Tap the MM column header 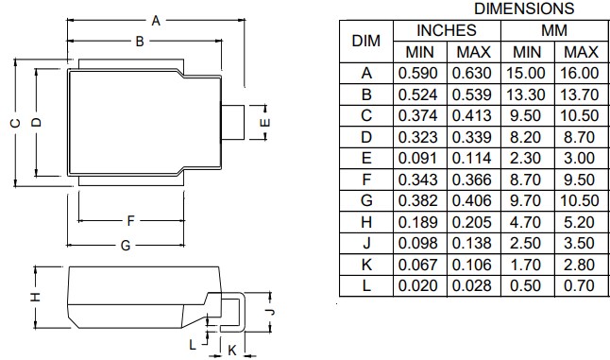click(x=554, y=30)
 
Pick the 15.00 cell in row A click(x=527, y=73)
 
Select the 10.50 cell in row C click(x=579, y=115)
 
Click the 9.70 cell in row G click(x=527, y=200)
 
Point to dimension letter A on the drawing click(x=156, y=20)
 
